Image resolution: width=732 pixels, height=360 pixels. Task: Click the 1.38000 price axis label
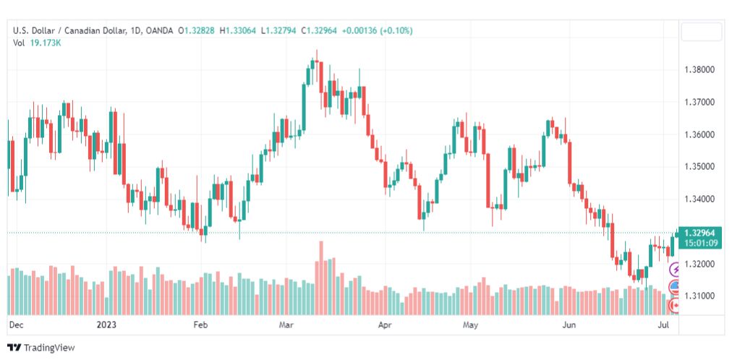point(699,70)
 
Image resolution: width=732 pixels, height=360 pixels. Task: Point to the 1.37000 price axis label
point(699,102)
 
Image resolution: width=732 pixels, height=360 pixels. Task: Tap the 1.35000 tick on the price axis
point(699,167)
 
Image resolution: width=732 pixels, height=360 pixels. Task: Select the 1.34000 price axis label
point(699,200)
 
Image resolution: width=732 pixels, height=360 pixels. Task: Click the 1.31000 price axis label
point(699,296)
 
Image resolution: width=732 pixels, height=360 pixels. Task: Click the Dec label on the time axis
point(16,325)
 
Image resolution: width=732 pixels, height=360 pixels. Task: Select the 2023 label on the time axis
point(106,325)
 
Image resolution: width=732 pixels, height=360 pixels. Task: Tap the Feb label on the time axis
point(200,325)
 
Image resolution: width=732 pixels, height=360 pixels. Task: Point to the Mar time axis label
point(286,325)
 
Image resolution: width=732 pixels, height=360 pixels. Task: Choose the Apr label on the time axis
point(385,325)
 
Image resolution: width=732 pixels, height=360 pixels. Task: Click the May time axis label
point(471,325)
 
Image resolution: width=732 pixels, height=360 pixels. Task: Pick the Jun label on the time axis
point(569,325)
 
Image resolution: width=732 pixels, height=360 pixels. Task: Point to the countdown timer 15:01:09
point(699,242)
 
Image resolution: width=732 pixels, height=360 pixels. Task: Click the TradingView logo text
point(49,348)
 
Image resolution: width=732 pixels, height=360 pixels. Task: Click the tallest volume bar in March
point(320,278)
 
